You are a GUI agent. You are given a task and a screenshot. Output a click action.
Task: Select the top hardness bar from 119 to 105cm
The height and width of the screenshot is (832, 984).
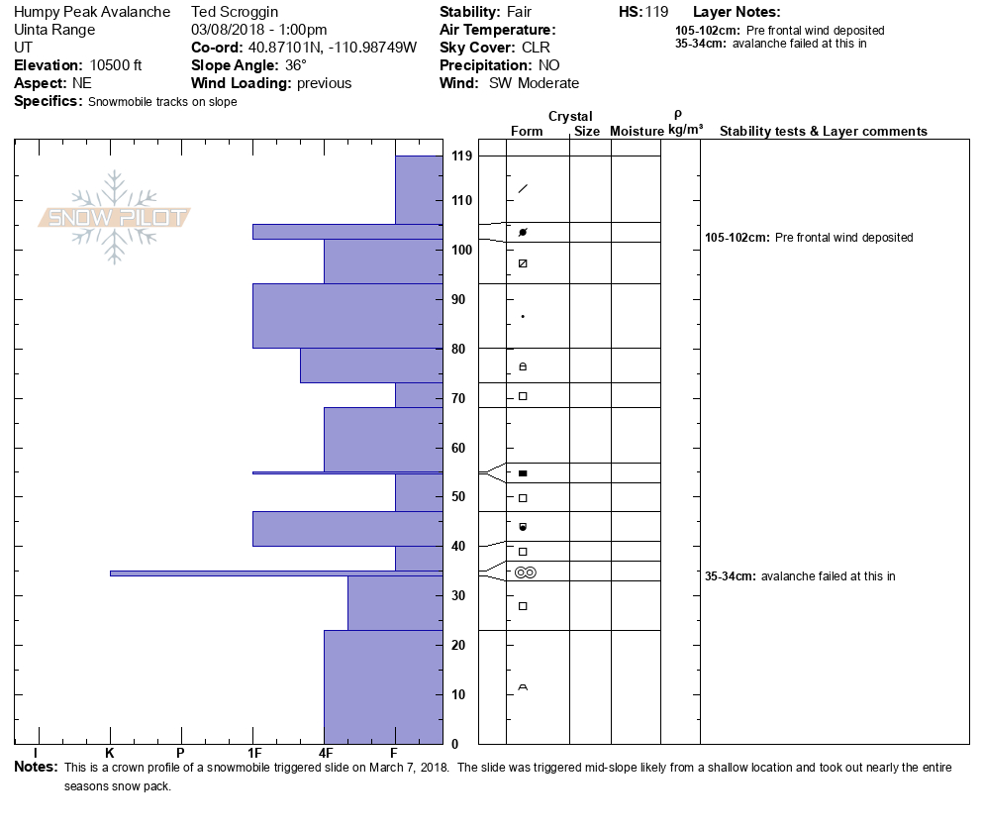click(419, 189)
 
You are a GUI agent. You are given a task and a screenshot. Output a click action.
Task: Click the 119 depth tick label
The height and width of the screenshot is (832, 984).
click(461, 156)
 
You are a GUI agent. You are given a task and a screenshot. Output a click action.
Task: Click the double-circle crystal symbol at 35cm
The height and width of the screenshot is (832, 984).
click(525, 572)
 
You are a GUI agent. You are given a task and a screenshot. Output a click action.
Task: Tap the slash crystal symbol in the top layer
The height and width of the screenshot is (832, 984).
click(523, 188)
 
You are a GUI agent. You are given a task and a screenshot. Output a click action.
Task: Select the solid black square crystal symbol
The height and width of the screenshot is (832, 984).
click(523, 473)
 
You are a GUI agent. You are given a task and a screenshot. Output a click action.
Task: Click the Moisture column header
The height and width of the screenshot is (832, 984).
click(637, 131)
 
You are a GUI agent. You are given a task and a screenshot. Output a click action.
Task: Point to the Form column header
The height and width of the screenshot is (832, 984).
click(527, 131)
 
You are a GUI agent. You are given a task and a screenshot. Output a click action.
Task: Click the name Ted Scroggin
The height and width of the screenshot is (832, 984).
click(235, 12)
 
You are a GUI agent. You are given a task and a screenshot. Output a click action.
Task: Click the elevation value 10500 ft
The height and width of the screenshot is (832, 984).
click(108, 65)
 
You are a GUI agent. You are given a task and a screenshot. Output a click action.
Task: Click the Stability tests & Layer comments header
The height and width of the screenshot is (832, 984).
click(823, 131)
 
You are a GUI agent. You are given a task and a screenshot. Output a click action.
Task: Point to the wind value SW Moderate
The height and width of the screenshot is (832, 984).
click(534, 83)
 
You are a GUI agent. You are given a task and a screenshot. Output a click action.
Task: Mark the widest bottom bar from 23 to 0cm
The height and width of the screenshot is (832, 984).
click(383, 686)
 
